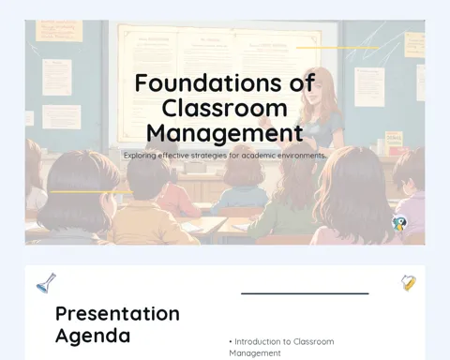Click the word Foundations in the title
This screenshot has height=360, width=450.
pyautogui.click(x=203, y=83)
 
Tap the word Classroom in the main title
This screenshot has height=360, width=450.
pyautogui.click(x=224, y=109)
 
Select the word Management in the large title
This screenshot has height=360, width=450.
pyautogui.click(x=225, y=134)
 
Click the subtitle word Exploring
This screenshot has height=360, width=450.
pyautogui.click(x=140, y=156)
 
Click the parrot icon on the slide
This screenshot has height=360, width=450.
pyautogui.click(x=399, y=223)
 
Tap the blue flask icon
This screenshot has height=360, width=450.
pyautogui.click(x=46, y=283)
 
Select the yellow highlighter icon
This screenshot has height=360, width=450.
pyautogui.click(x=409, y=283)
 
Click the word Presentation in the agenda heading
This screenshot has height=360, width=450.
pyautogui.click(x=117, y=313)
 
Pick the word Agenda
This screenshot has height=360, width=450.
pyautogui.click(x=93, y=336)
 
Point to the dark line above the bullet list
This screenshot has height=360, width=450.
pyautogui.click(x=305, y=293)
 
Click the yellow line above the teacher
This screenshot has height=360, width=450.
pyautogui.click(x=337, y=48)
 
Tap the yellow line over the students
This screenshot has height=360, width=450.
pyautogui.click(x=91, y=192)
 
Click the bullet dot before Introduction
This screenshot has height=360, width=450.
pyautogui.click(x=231, y=342)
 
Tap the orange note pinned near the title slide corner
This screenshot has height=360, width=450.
pyautogui.click(x=59, y=31)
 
